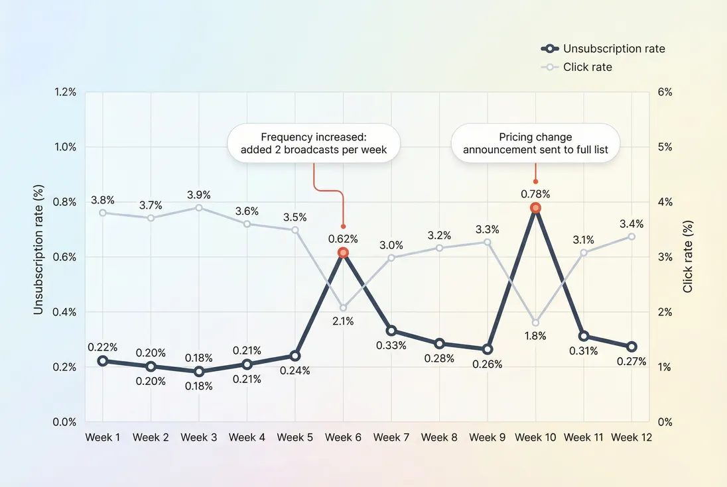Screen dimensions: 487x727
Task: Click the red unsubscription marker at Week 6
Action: click(x=343, y=252)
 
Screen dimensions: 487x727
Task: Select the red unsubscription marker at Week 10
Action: click(x=535, y=208)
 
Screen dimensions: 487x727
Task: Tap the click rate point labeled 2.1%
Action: click(x=343, y=307)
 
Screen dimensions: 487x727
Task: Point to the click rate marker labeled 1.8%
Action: click(x=535, y=323)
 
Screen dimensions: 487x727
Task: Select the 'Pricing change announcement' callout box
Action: click(x=535, y=144)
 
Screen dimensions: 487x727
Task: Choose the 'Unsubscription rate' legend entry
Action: click(x=613, y=48)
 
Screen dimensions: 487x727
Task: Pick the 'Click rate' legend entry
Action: click(x=587, y=67)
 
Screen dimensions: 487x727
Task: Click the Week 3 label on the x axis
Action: click(x=199, y=437)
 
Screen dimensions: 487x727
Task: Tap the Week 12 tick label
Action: click(x=631, y=437)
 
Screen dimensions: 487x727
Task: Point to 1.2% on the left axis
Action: click(x=64, y=92)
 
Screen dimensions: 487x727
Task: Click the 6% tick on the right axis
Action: click(x=665, y=92)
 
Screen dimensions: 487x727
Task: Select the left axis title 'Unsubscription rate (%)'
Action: click(x=38, y=257)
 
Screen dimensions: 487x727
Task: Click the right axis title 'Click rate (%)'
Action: click(x=688, y=257)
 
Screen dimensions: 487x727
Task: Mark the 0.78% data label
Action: click(x=535, y=194)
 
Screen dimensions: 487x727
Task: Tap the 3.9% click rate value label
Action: click(x=199, y=195)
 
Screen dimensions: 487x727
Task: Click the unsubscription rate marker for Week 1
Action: click(x=103, y=361)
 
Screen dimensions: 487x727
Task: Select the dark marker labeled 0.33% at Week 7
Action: click(x=391, y=331)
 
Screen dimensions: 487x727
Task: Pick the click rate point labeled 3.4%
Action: click(x=631, y=237)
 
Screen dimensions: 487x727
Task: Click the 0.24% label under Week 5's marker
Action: click(x=295, y=370)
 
